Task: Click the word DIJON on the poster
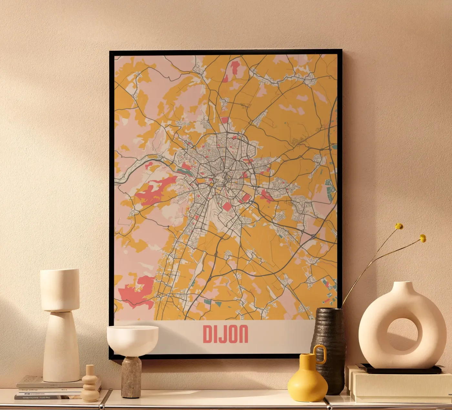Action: coord(225,334)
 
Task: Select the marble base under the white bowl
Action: coord(131,376)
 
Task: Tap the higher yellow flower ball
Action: coord(399,226)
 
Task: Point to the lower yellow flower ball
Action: coord(423,238)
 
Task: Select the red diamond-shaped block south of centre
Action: coord(227,206)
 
